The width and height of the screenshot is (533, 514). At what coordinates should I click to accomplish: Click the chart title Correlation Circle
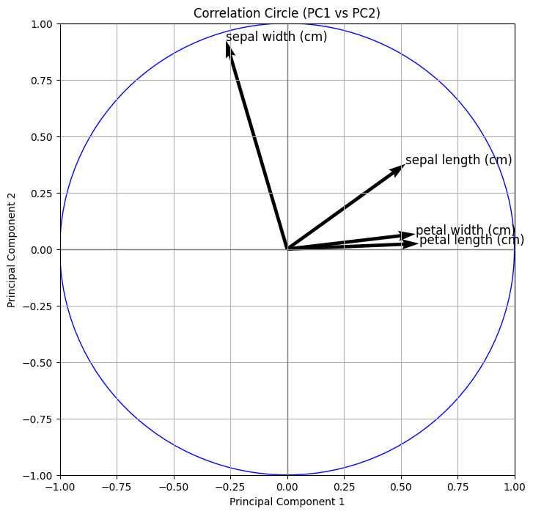pos(287,13)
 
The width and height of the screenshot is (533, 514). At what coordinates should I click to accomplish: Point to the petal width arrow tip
pos(411,235)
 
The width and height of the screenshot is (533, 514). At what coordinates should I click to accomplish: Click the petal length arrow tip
pos(414,243)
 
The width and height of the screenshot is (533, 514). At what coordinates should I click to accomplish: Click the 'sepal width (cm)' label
pos(276,37)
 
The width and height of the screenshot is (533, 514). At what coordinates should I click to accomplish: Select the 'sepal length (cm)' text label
pos(458,160)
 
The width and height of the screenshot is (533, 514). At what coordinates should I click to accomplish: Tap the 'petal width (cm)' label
pos(465,230)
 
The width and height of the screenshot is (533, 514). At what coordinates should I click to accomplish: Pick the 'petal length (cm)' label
pos(471,240)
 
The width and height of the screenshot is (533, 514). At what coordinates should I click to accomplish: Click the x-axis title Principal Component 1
pos(287,502)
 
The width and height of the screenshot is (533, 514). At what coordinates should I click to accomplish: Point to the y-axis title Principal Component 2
pos(12,249)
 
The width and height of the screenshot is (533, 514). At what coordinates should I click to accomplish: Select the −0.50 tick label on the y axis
pos(39,363)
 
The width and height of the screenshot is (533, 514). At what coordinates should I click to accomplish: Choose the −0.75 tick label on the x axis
pos(117,486)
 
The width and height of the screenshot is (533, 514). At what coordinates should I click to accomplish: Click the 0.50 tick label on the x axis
pos(401,486)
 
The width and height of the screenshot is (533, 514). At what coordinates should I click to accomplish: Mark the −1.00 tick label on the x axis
pos(60,486)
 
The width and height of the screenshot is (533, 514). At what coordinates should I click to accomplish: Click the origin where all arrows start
pos(287,249)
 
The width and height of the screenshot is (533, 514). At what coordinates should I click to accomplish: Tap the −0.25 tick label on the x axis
pos(230,486)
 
